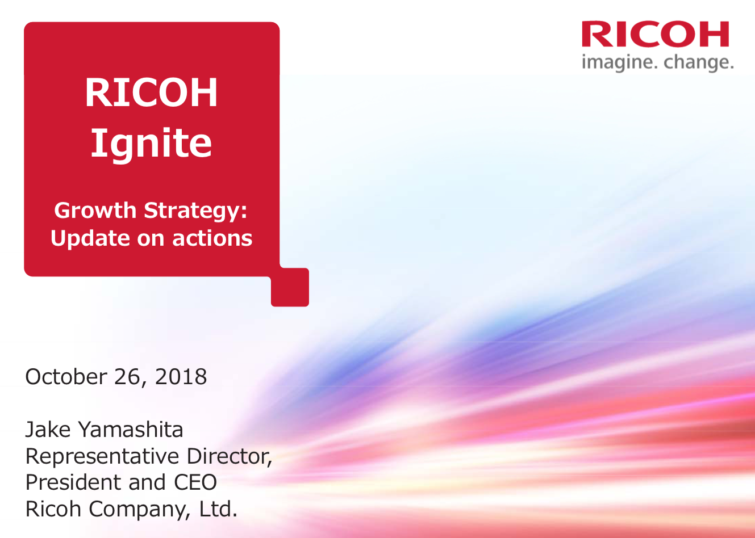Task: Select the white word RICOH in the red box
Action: click(x=151, y=92)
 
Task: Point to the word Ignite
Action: click(x=151, y=144)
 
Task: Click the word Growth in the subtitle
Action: click(x=95, y=211)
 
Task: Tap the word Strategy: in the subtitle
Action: click(x=195, y=212)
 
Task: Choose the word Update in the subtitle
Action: click(x=90, y=239)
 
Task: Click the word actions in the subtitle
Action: click(x=212, y=238)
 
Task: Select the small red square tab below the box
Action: click(x=290, y=287)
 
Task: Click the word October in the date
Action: click(x=66, y=376)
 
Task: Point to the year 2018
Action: click(x=181, y=376)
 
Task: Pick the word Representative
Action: click(x=102, y=457)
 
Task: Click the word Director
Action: click(x=229, y=456)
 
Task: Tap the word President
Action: click(x=73, y=482)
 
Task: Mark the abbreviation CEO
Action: click(x=195, y=482)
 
